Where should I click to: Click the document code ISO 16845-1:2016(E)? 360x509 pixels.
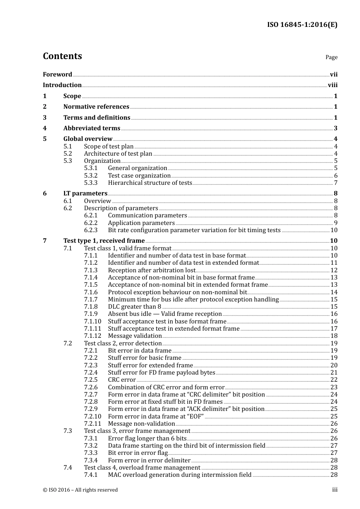(302, 25)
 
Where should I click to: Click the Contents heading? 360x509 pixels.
(62, 56)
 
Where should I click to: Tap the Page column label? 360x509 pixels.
(331, 57)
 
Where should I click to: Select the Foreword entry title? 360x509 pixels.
(57, 75)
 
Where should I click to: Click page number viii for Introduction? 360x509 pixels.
(332, 85)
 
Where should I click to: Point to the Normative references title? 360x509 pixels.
(96, 107)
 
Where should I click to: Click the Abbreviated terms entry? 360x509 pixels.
(92, 128)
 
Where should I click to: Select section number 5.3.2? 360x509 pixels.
(91, 176)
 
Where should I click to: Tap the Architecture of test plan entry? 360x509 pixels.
(118, 154)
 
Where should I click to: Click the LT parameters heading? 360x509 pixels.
(85, 194)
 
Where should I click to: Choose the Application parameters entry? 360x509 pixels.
(141, 223)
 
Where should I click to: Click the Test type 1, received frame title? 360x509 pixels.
(104, 241)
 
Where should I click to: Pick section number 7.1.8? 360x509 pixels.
(91, 307)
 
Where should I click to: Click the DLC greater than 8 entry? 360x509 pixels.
(135, 307)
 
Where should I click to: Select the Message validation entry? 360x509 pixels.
(135, 336)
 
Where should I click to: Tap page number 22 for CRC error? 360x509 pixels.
(333, 380)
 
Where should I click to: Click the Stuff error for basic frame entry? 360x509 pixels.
(145, 358)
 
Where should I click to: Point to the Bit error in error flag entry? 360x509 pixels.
(138, 453)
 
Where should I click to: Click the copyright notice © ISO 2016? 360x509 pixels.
(80, 490)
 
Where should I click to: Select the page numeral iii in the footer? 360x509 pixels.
(335, 490)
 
